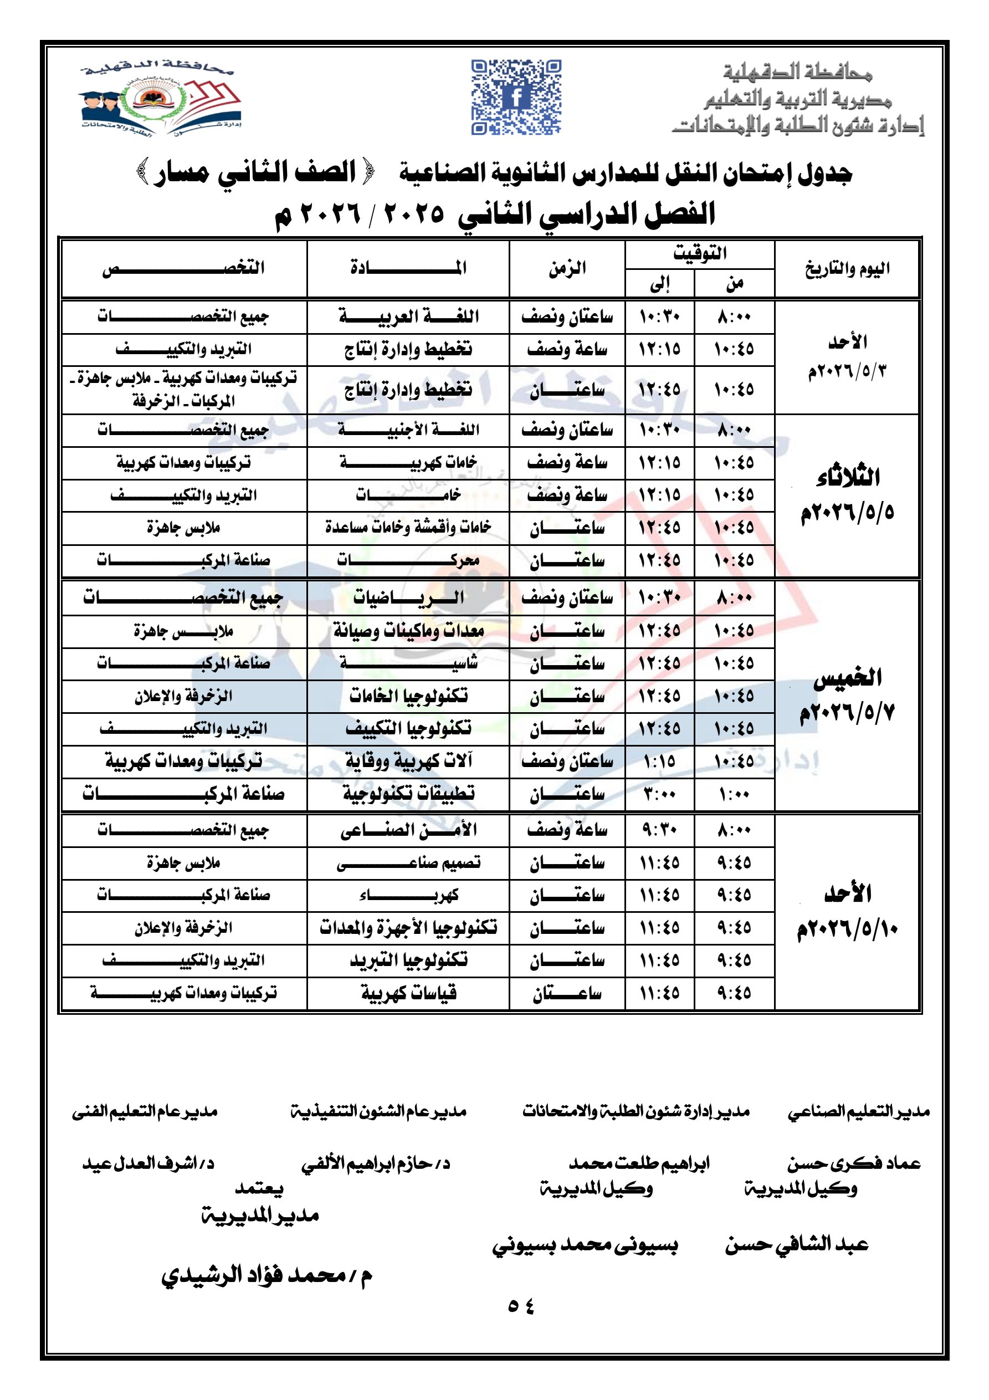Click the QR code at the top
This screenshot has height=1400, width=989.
(x=516, y=96)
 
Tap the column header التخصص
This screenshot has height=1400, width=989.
(x=183, y=268)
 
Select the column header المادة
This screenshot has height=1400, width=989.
(x=408, y=268)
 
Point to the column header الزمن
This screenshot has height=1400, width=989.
(x=567, y=268)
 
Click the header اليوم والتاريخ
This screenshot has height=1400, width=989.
(x=847, y=269)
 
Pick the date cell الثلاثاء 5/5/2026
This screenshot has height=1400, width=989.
(x=847, y=495)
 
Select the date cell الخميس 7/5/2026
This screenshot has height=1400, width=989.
(x=847, y=695)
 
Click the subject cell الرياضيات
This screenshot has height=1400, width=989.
(x=408, y=597)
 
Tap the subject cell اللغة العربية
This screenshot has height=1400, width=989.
(x=408, y=316)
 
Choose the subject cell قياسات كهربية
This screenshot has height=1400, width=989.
(x=408, y=993)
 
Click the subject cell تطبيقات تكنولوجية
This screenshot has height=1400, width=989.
(x=408, y=794)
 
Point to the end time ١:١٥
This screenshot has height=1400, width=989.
(x=659, y=761)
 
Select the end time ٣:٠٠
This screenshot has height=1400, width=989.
(x=659, y=794)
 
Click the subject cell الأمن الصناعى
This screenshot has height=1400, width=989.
(x=408, y=830)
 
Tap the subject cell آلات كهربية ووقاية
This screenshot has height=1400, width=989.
(x=408, y=761)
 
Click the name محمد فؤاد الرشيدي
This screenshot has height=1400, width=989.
(x=267, y=1274)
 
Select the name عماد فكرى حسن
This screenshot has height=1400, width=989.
(x=853, y=1163)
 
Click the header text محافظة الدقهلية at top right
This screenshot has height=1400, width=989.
(x=797, y=73)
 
